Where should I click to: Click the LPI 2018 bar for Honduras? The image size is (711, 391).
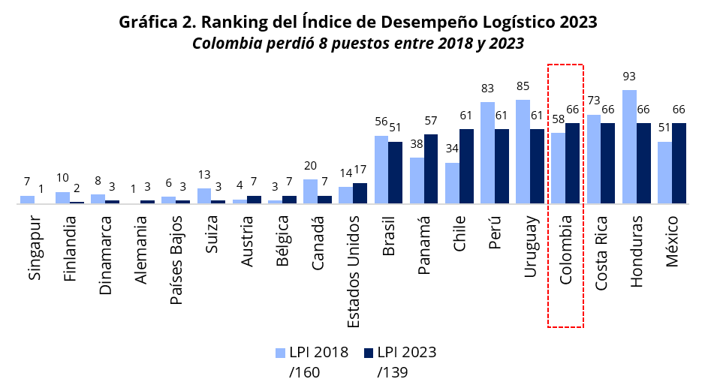point(630,146)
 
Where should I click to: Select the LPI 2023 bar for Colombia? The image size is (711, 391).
point(573,163)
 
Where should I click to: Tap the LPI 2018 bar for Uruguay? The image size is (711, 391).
point(523,151)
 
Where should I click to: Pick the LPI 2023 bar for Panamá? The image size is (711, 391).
point(431,168)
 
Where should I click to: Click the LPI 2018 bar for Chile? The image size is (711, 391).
point(452,182)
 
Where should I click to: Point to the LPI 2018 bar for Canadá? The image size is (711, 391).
point(310,191)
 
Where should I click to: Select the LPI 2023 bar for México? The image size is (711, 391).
point(679,163)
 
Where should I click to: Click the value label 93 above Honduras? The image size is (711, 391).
point(630,77)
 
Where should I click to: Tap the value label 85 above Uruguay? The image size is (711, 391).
point(523,86)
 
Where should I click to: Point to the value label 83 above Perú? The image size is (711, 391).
point(487,89)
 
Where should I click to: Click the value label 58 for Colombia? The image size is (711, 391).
point(558,119)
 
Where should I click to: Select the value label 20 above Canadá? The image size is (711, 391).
point(310,166)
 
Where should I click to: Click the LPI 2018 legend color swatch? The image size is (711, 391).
point(281,353)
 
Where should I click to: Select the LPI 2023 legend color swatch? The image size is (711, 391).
point(369,353)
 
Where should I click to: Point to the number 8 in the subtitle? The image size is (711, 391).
point(323,44)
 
